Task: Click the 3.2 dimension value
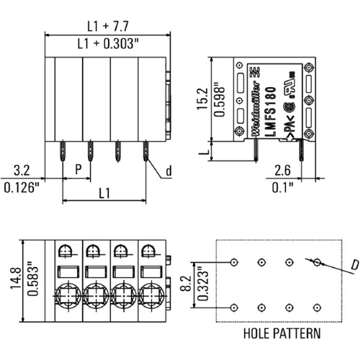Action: pyautogui.click(x=22, y=171)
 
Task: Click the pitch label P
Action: pyautogui.click(x=77, y=171)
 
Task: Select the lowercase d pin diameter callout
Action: pyautogui.click(x=168, y=171)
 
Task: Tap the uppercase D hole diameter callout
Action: pyautogui.click(x=354, y=266)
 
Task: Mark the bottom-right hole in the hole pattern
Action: pyautogui.click(x=316, y=307)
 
